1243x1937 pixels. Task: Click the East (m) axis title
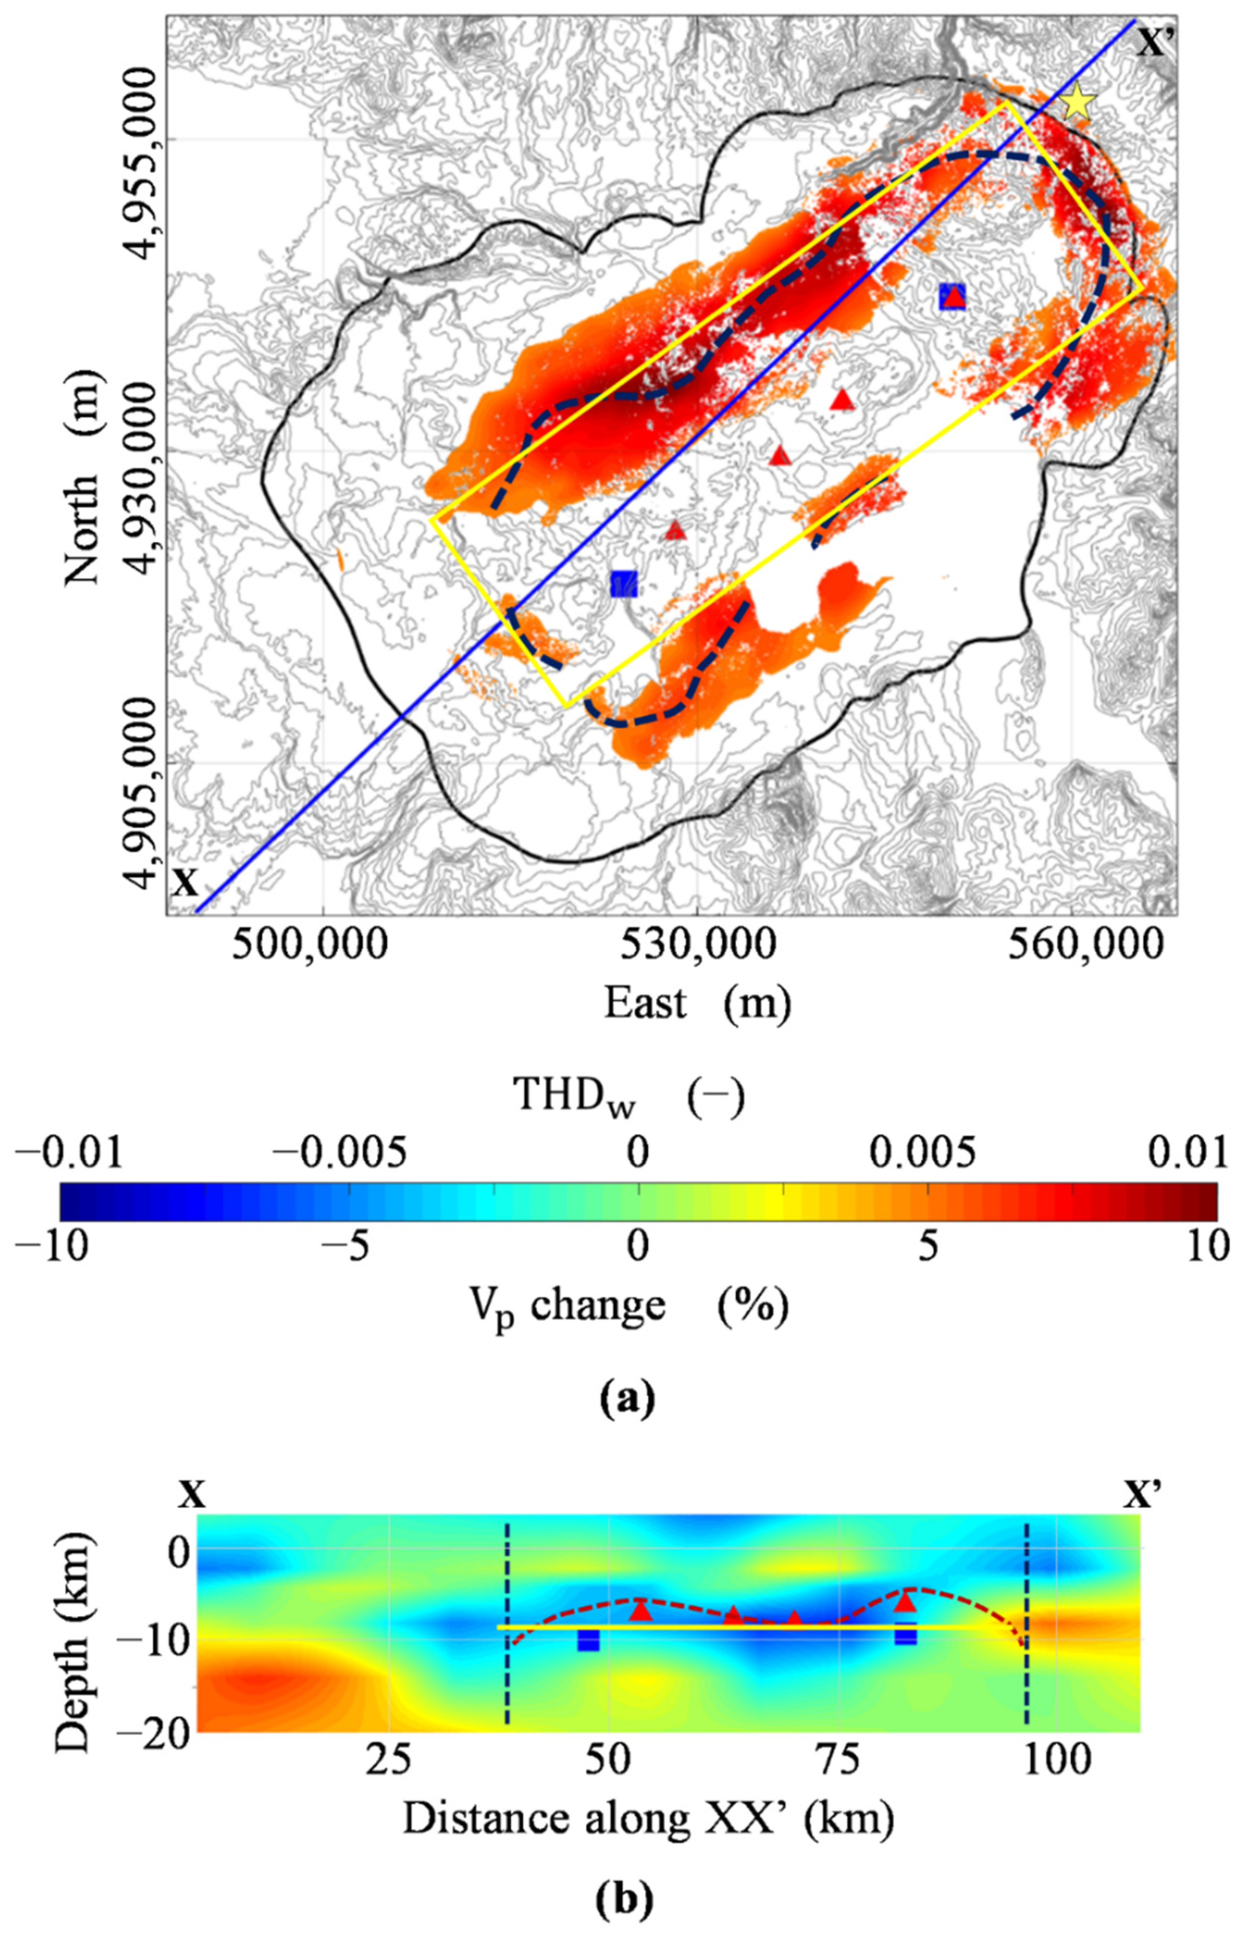[698, 1004]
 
